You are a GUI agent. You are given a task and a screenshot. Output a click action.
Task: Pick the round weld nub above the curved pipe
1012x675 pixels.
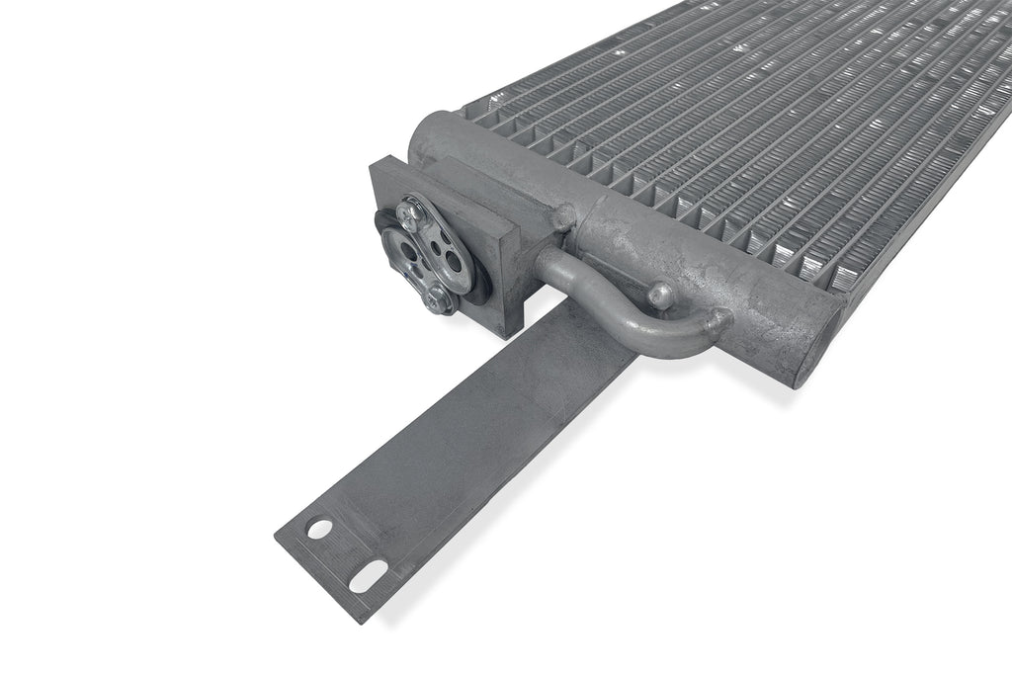point(658,292)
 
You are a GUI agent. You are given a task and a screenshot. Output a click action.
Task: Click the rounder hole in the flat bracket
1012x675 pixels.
point(319,529)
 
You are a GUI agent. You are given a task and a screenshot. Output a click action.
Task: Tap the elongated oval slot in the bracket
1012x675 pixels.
point(368,575)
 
